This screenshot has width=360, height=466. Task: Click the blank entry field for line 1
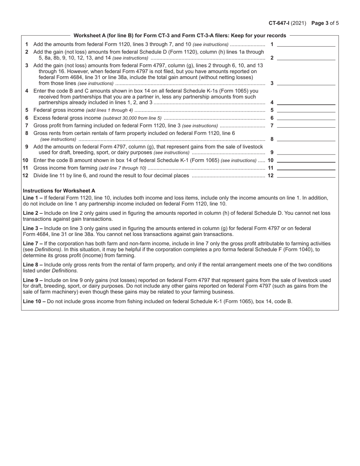306,44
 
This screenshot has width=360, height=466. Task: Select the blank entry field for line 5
306,110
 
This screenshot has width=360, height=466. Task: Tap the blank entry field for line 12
306,175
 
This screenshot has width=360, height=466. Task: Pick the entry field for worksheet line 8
306,139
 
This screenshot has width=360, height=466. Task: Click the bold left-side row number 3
27,65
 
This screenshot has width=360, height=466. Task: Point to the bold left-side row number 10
25,160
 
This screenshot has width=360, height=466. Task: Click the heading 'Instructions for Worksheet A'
59,191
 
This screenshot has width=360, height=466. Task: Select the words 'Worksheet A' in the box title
88,36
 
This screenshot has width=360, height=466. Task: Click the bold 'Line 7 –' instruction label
33,244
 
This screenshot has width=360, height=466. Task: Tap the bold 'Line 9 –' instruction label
33,280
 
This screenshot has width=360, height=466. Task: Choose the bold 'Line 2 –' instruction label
33,213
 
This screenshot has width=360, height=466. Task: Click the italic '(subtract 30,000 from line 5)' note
132,118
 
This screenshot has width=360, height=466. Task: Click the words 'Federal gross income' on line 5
59,110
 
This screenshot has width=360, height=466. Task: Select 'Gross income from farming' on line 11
66,168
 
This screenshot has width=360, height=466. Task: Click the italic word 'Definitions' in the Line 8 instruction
64,271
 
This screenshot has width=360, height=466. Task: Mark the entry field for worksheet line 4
306,102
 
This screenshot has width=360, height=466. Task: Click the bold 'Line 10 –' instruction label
34,301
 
